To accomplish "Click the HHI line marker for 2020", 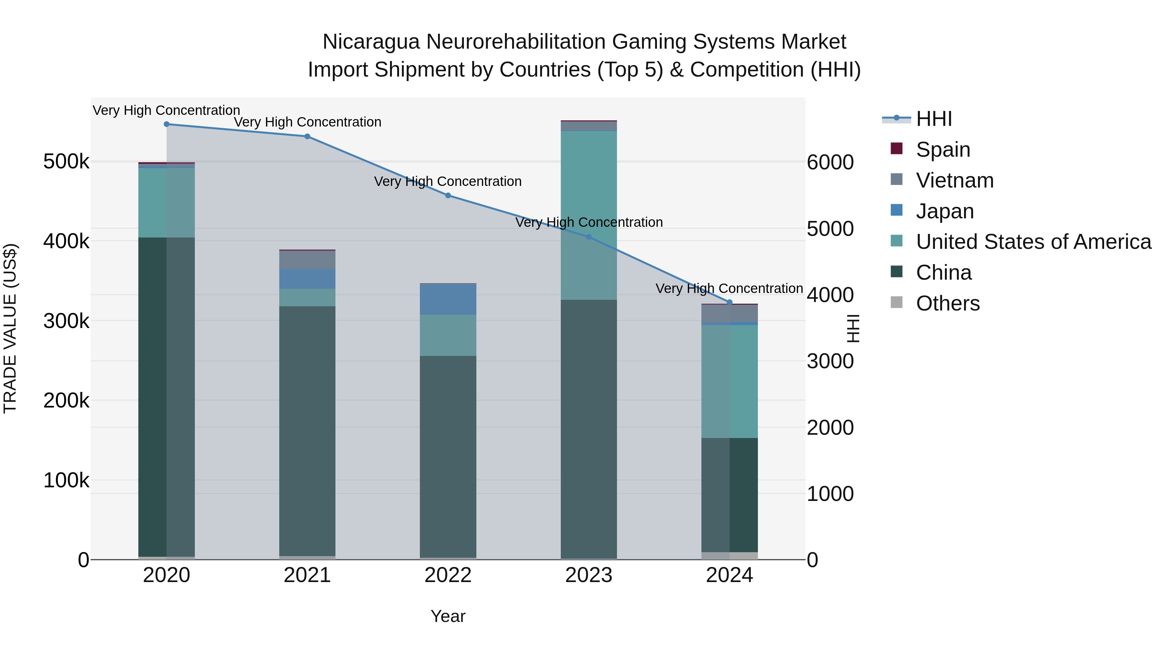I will point(167,124).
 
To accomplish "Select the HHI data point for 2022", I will point(448,195).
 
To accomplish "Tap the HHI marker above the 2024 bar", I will point(729,302).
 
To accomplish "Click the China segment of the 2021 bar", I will point(307,431).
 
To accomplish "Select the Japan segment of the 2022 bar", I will point(448,299).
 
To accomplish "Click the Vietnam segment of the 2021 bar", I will point(307,260).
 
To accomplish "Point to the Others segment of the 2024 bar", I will point(729,555).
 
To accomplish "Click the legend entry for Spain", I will point(943,150).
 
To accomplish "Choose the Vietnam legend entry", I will point(954,180).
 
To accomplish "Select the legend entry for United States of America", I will point(1033,242).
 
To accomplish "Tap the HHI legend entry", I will point(934,119).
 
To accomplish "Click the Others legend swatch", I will point(896,302).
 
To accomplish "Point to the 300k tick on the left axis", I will point(66,321).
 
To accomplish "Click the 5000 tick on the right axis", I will point(830,229).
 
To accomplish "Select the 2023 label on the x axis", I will point(589,575).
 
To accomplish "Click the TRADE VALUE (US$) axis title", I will point(10,328).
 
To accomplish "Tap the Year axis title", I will point(448,616).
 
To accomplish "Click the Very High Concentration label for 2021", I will point(307,122).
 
